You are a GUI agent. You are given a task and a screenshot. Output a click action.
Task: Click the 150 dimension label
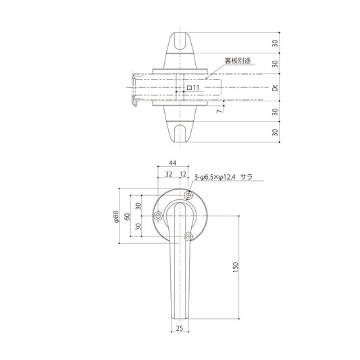(x=236, y=267)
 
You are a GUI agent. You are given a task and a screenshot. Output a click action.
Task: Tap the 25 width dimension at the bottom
(x=180, y=328)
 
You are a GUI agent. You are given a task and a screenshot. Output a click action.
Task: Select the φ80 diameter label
(x=116, y=217)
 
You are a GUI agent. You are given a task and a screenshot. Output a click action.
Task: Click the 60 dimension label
(x=127, y=217)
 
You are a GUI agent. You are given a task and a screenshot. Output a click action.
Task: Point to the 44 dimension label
(x=173, y=163)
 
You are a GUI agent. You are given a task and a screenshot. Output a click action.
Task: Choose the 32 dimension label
(x=169, y=174)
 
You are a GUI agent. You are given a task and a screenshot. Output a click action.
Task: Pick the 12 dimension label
(x=183, y=174)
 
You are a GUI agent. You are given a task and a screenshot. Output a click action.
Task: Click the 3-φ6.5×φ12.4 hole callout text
(x=215, y=177)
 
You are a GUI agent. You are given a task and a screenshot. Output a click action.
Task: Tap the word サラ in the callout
(x=247, y=177)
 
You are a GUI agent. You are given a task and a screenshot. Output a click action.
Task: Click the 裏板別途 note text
(x=237, y=61)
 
